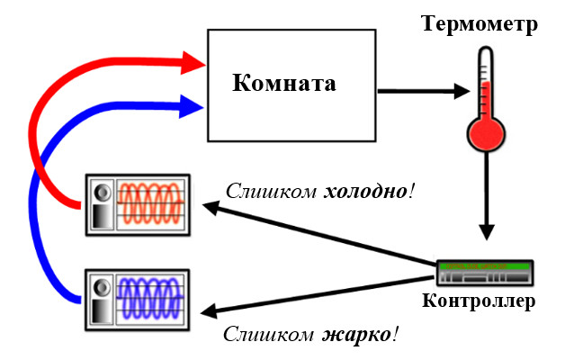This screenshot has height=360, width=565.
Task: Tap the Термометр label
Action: [x=480, y=24]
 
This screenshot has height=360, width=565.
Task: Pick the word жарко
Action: [x=355, y=336]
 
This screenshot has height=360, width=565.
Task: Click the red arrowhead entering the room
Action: [x=193, y=62]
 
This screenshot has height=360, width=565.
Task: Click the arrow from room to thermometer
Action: [x=423, y=91]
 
